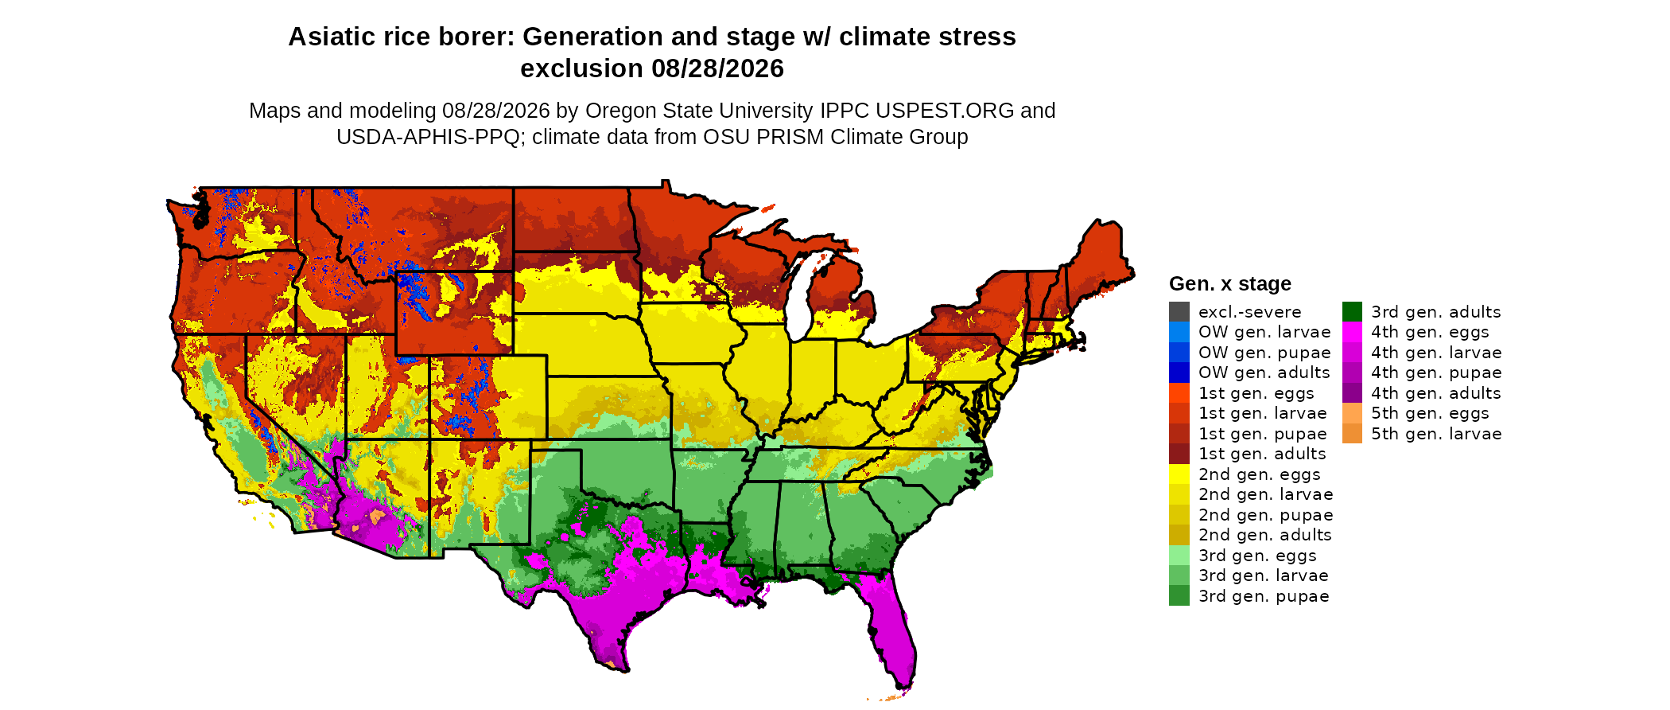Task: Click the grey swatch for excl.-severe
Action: pos(1179,311)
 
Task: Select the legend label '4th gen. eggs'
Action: pos(1430,332)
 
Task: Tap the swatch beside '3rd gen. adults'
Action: pos(1352,311)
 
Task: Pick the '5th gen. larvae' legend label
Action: pos(1436,434)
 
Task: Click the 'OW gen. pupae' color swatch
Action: pos(1179,352)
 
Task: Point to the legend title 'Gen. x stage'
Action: pos(1229,283)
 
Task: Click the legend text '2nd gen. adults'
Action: pos(1264,535)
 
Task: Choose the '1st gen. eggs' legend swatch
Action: pos(1179,392)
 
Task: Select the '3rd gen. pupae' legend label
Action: pos(1264,596)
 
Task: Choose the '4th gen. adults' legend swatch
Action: pos(1352,392)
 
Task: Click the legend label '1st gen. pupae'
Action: pos(1262,434)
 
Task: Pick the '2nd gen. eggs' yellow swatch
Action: pos(1179,474)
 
